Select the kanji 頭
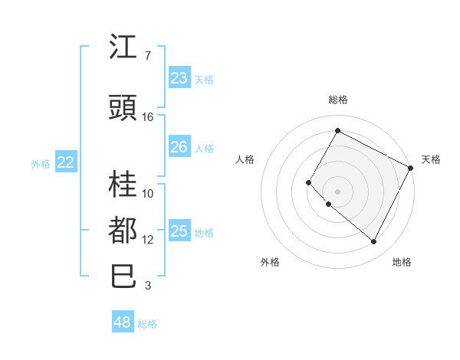(x=123, y=107)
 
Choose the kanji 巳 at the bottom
(x=123, y=276)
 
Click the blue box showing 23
(x=179, y=78)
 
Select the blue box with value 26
(x=179, y=147)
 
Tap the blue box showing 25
(x=179, y=231)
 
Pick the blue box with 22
(x=66, y=162)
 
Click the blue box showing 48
(x=123, y=322)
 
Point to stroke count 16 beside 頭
(x=148, y=117)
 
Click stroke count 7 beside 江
(x=148, y=56)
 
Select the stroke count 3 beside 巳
(x=148, y=286)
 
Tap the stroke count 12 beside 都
(x=148, y=240)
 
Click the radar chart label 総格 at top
(x=337, y=100)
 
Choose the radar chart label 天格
(x=431, y=159)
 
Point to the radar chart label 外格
(x=270, y=262)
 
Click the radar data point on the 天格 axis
(x=411, y=168)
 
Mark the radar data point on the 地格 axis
(x=374, y=242)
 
